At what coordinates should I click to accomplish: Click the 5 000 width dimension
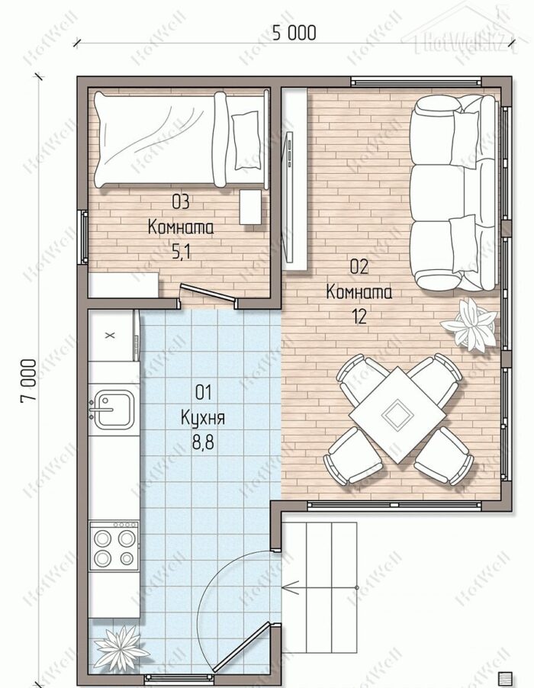(294, 33)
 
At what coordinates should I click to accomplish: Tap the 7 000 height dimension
(29, 380)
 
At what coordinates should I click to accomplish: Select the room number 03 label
(180, 202)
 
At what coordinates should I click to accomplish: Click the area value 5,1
(182, 252)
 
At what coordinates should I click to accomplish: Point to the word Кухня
(203, 418)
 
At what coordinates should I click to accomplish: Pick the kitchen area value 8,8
(203, 442)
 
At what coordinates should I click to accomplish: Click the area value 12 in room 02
(359, 316)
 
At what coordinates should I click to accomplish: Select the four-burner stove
(114, 546)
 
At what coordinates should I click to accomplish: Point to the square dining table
(397, 415)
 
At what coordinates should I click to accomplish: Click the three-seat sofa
(454, 193)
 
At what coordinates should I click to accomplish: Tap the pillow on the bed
(246, 140)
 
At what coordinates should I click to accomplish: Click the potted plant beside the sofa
(469, 325)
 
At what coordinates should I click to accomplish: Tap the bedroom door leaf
(207, 293)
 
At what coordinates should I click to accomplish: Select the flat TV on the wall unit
(290, 198)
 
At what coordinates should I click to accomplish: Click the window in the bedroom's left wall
(82, 237)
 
